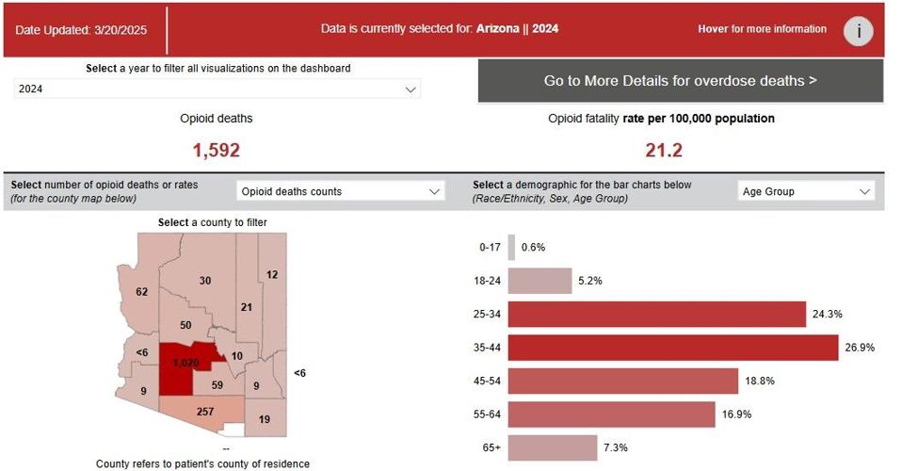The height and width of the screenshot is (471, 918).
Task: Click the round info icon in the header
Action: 857,30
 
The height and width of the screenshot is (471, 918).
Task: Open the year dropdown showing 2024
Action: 217,89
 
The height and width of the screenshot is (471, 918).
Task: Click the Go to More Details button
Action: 680,81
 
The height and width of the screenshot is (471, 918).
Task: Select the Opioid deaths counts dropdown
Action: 340,191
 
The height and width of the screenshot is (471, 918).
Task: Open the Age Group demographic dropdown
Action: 806,191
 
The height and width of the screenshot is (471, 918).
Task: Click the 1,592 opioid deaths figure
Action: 217,150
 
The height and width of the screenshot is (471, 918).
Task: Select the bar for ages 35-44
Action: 672,348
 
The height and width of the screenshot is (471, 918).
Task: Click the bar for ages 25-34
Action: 656,315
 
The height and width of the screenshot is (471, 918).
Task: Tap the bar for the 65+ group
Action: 553,447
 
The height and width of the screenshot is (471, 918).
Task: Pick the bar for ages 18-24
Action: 540,281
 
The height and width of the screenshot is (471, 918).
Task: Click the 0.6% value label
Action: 533,248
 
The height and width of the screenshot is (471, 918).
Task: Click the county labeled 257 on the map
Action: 204,413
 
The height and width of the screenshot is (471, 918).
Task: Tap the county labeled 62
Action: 142,292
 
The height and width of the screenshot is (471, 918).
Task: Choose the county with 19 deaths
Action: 265,418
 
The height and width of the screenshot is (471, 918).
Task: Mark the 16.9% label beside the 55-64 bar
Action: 736,414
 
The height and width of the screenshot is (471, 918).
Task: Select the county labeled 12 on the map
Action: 272,275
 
